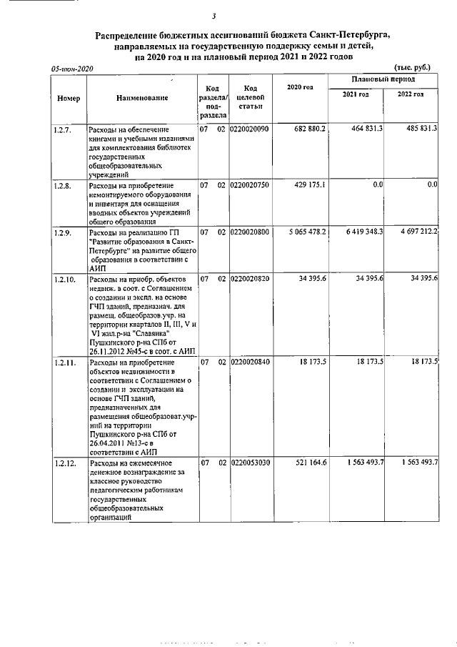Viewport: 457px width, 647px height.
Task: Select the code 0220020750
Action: [x=249, y=185]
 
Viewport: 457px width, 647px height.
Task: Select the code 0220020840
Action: [x=249, y=362]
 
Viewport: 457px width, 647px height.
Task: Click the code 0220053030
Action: [x=249, y=464]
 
